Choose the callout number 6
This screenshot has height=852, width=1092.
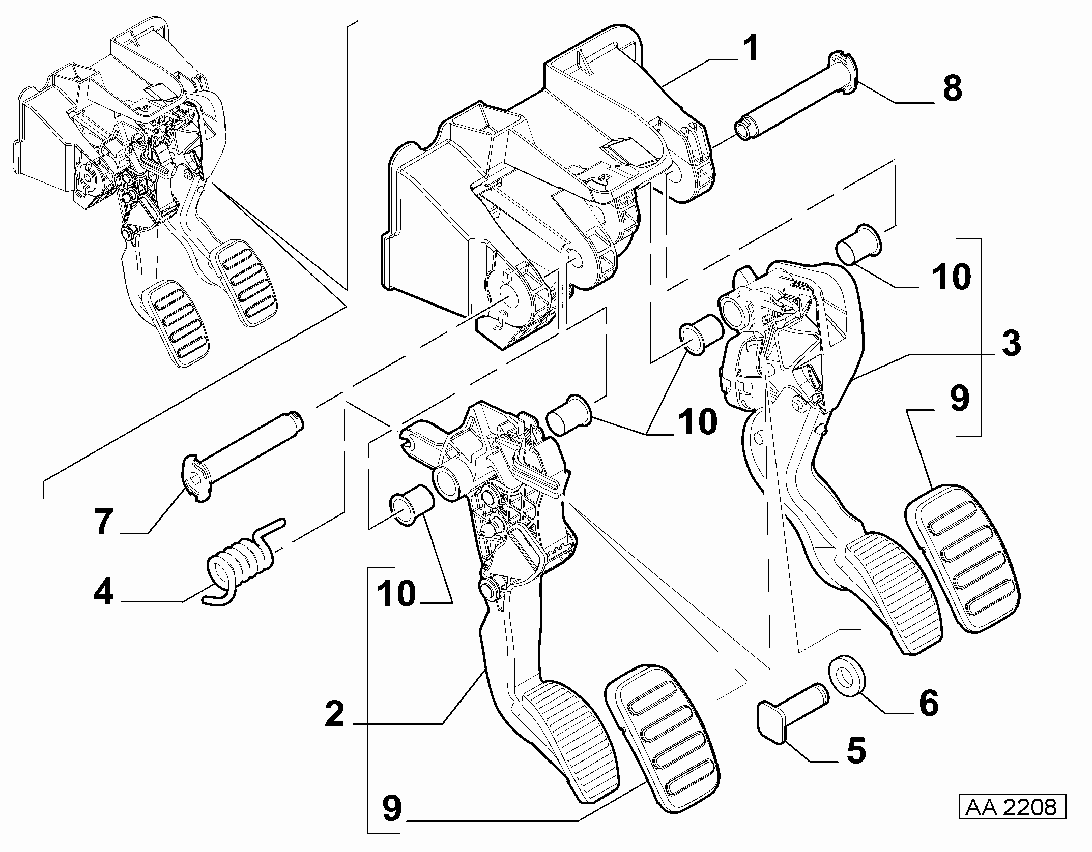coord(928,704)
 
